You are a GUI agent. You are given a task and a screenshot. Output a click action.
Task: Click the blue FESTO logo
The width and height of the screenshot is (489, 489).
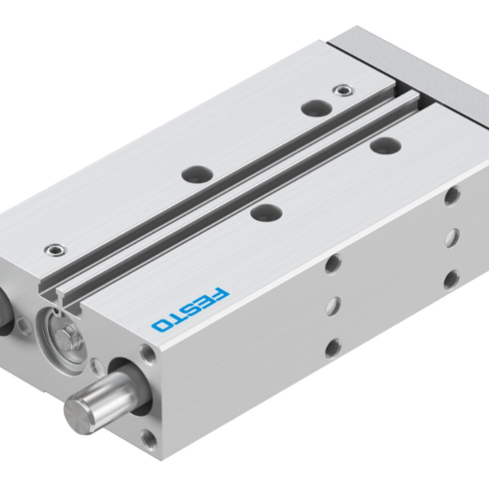[x=191, y=307]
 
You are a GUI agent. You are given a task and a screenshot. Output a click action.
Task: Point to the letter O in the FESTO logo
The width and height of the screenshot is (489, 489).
[x=161, y=324]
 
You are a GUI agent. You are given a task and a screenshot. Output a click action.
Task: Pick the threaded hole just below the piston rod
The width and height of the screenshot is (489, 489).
[x=149, y=440]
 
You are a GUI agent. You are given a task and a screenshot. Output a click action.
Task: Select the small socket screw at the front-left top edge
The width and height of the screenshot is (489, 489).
[x=55, y=248]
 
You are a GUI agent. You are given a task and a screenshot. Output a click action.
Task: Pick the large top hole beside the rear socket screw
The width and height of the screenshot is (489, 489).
[x=312, y=107]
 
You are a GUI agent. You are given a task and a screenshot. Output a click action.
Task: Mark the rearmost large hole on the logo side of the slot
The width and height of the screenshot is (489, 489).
[x=380, y=145]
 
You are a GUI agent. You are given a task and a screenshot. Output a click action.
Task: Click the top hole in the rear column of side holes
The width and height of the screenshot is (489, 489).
[x=452, y=195]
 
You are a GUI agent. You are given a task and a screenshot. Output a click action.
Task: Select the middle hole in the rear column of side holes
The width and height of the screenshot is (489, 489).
[x=452, y=237]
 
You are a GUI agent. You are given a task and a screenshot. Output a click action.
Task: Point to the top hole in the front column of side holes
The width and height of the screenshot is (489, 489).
[x=332, y=263]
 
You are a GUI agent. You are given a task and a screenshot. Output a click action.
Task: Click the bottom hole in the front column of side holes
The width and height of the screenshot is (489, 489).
[x=333, y=348]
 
